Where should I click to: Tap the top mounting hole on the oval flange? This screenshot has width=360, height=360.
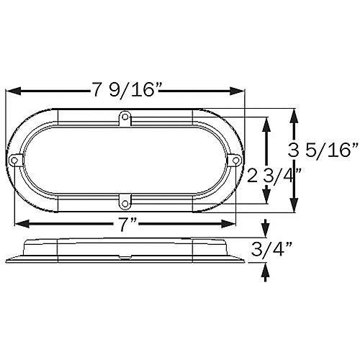coord(125,115)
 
